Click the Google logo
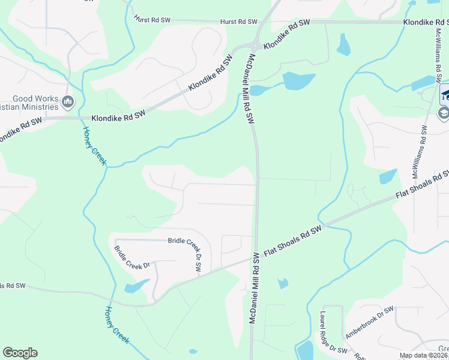pos(20,353)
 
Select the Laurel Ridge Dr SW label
pos(333,332)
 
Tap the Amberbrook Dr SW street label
pos(369,322)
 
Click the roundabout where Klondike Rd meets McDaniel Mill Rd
pos(255,46)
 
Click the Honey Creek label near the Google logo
pos(117,325)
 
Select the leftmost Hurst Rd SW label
pos(152,20)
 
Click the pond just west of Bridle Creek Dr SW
pos(136,286)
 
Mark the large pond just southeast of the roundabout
pos(298,80)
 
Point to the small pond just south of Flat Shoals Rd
pos(283,283)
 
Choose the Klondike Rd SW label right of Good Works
pos(119,118)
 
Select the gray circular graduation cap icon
pos(444,113)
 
